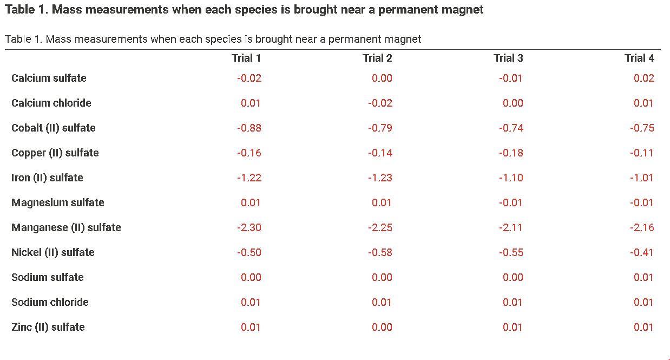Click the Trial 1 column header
click(x=246, y=58)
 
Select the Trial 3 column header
click(x=508, y=58)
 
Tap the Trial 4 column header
click(x=639, y=58)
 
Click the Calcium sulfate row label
click(x=49, y=78)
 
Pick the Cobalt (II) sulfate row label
click(x=53, y=128)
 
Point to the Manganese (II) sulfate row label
click(x=66, y=227)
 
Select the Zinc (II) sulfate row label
click(x=48, y=327)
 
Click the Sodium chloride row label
click(x=50, y=302)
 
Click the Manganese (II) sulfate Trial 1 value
click(x=249, y=227)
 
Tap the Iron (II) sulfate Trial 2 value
click(x=380, y=178)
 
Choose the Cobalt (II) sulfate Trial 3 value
click(x=511, y=128)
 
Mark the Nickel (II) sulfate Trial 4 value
click(x=642, y=252)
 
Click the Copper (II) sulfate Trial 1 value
click(x=249, y=153)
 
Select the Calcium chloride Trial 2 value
click(x=380, y=103)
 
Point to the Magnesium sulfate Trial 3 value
click(x=511, y=202)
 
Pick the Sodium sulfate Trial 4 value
click(x=644, y=277)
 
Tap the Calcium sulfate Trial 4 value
click(x=644, y=78)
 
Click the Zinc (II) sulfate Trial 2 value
click(x=382, y=327)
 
